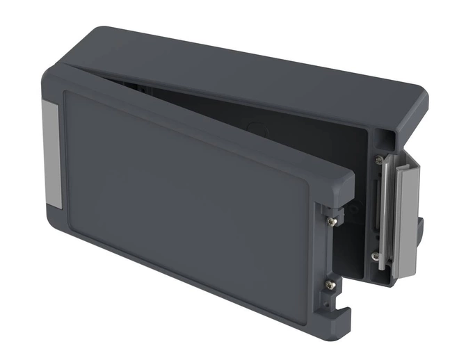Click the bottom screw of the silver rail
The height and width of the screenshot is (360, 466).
(x=377, y=257)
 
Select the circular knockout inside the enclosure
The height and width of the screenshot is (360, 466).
(x=257, y=129)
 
